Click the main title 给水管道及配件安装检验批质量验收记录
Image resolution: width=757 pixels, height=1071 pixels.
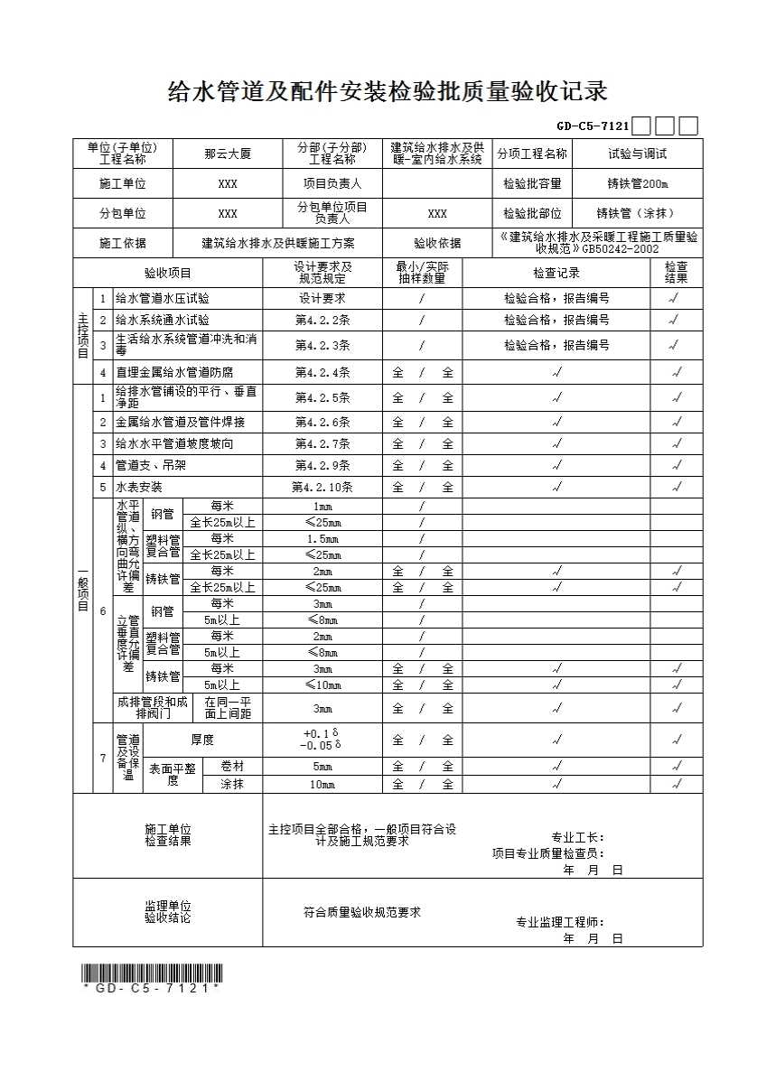[x=388, y=91]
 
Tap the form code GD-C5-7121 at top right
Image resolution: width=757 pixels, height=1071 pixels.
[x=593, y=126]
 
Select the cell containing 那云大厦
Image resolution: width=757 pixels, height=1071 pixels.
[x=228, y=154]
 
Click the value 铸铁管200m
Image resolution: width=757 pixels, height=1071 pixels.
[x=637, y=183]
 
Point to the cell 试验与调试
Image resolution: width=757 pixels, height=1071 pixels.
[x=637, y=154]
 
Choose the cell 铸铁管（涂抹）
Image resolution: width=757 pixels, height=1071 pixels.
[x=637, y=214]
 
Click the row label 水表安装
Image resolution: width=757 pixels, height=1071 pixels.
[x=139, y=487]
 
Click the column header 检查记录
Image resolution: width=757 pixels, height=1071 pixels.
[x=556, y=273]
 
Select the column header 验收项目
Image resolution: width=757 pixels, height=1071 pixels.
[x=168, y=273]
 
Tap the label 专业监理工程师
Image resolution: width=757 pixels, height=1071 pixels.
[x=559, y=922]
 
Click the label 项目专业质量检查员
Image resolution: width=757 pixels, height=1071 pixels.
[x=547, y=852]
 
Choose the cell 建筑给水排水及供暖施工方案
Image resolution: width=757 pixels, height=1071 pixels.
[x=277, y=243]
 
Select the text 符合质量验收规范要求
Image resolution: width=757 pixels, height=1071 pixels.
[x=361, y=912]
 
